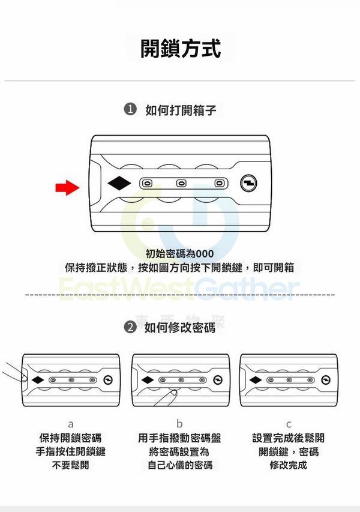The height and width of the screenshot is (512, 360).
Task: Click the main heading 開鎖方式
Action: (180, 49)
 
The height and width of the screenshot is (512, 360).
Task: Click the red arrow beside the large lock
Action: (67, 188)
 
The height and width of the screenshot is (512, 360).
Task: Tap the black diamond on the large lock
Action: (119, 183)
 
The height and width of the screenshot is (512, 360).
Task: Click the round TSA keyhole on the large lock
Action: (248, 183)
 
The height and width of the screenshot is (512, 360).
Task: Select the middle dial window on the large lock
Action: (181, 183)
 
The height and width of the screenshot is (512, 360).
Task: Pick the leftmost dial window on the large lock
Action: (146, 183)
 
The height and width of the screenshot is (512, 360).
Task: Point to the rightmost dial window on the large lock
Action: (219, 183)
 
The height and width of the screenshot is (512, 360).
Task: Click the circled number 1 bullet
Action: (130, 109)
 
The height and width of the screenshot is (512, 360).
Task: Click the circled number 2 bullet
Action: (130, 327)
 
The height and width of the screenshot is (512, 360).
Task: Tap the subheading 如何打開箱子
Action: (181, 110)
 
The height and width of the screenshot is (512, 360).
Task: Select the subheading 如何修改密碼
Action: (180, 328)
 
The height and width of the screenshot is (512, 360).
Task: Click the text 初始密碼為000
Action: (179, 253)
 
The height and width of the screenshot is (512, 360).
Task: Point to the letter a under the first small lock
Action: (70, 424)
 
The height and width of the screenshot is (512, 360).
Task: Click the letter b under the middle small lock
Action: (179, 424)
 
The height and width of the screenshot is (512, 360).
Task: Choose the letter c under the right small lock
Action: (289, 424)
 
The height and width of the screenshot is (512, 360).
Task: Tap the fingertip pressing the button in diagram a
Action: (24, 378)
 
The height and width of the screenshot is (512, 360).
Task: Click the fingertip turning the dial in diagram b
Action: (173, 393)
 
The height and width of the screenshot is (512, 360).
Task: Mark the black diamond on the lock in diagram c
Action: (256, 380)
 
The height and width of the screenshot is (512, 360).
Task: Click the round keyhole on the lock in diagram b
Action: (218, 380)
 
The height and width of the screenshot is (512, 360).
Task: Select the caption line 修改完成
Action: (288, 465)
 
